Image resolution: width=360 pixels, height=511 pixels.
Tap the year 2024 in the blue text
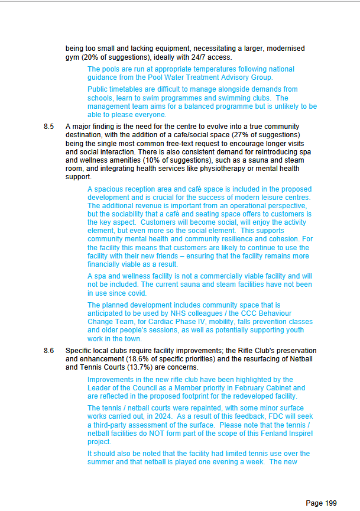[x=161, y=416]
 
